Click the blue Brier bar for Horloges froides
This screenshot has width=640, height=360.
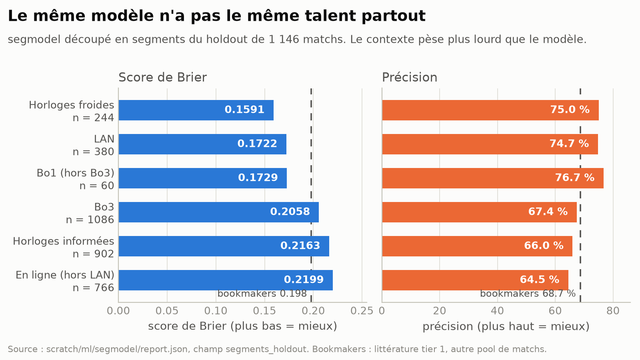coord(196,110)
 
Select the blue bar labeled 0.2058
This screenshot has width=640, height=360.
coord(218,212)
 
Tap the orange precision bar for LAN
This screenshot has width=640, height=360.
coord(490,144)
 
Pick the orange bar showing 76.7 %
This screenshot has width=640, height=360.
coord(493,178)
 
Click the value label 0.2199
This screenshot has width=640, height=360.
coord(304,280)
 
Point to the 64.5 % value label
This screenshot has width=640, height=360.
coord(540,280)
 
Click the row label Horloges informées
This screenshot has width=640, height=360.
coord(64,242)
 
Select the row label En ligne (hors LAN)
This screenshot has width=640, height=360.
coord(65,275)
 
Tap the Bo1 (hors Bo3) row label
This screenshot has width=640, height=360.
coord(76,173)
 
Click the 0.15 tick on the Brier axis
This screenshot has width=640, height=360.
coord(264,311)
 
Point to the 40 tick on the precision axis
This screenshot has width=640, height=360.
coord(498,311)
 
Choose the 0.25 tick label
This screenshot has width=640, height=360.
coord(362,311)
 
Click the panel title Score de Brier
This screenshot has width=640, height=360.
coord(162,78)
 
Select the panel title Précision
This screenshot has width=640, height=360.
coord(410,78)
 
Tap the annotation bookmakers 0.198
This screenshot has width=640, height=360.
coord(262,294)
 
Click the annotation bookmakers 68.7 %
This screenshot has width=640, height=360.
coord(528,294)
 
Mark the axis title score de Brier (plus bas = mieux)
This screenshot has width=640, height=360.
coord(242,326)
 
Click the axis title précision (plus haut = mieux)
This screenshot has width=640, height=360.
coord(506,326)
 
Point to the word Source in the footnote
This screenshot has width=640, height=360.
coord(22,349)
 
